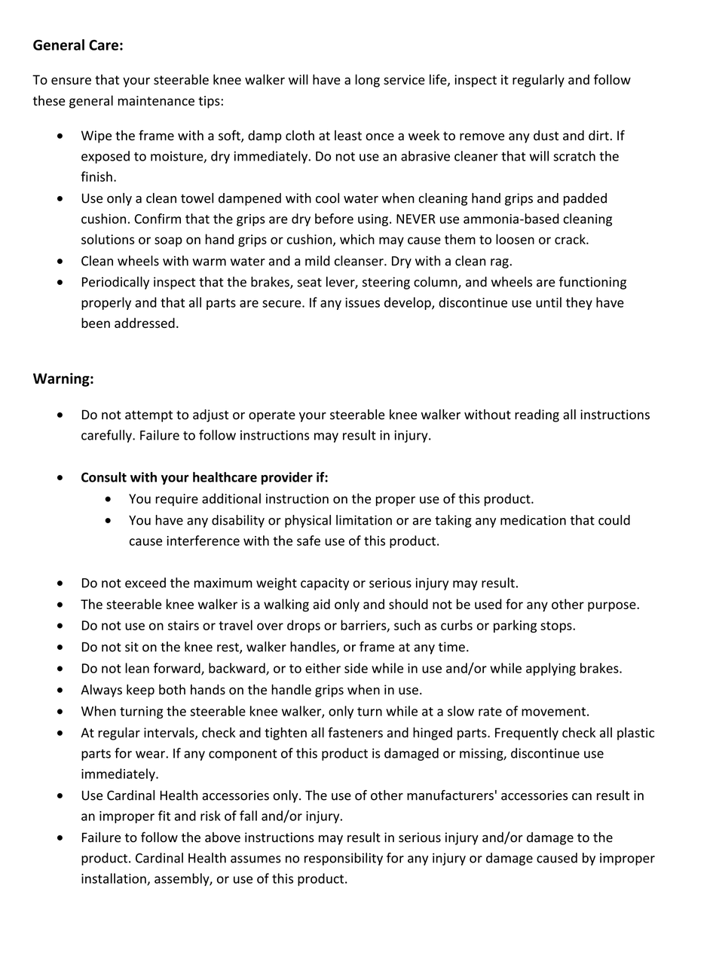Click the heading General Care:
click(78, 45)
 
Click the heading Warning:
click(63, 378)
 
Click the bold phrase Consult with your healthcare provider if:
click(204, 477)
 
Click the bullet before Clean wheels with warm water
click(60, 261)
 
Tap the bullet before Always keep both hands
click(60, 690)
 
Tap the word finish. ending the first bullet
click(98, 177)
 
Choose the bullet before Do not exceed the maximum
click(60, 583)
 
